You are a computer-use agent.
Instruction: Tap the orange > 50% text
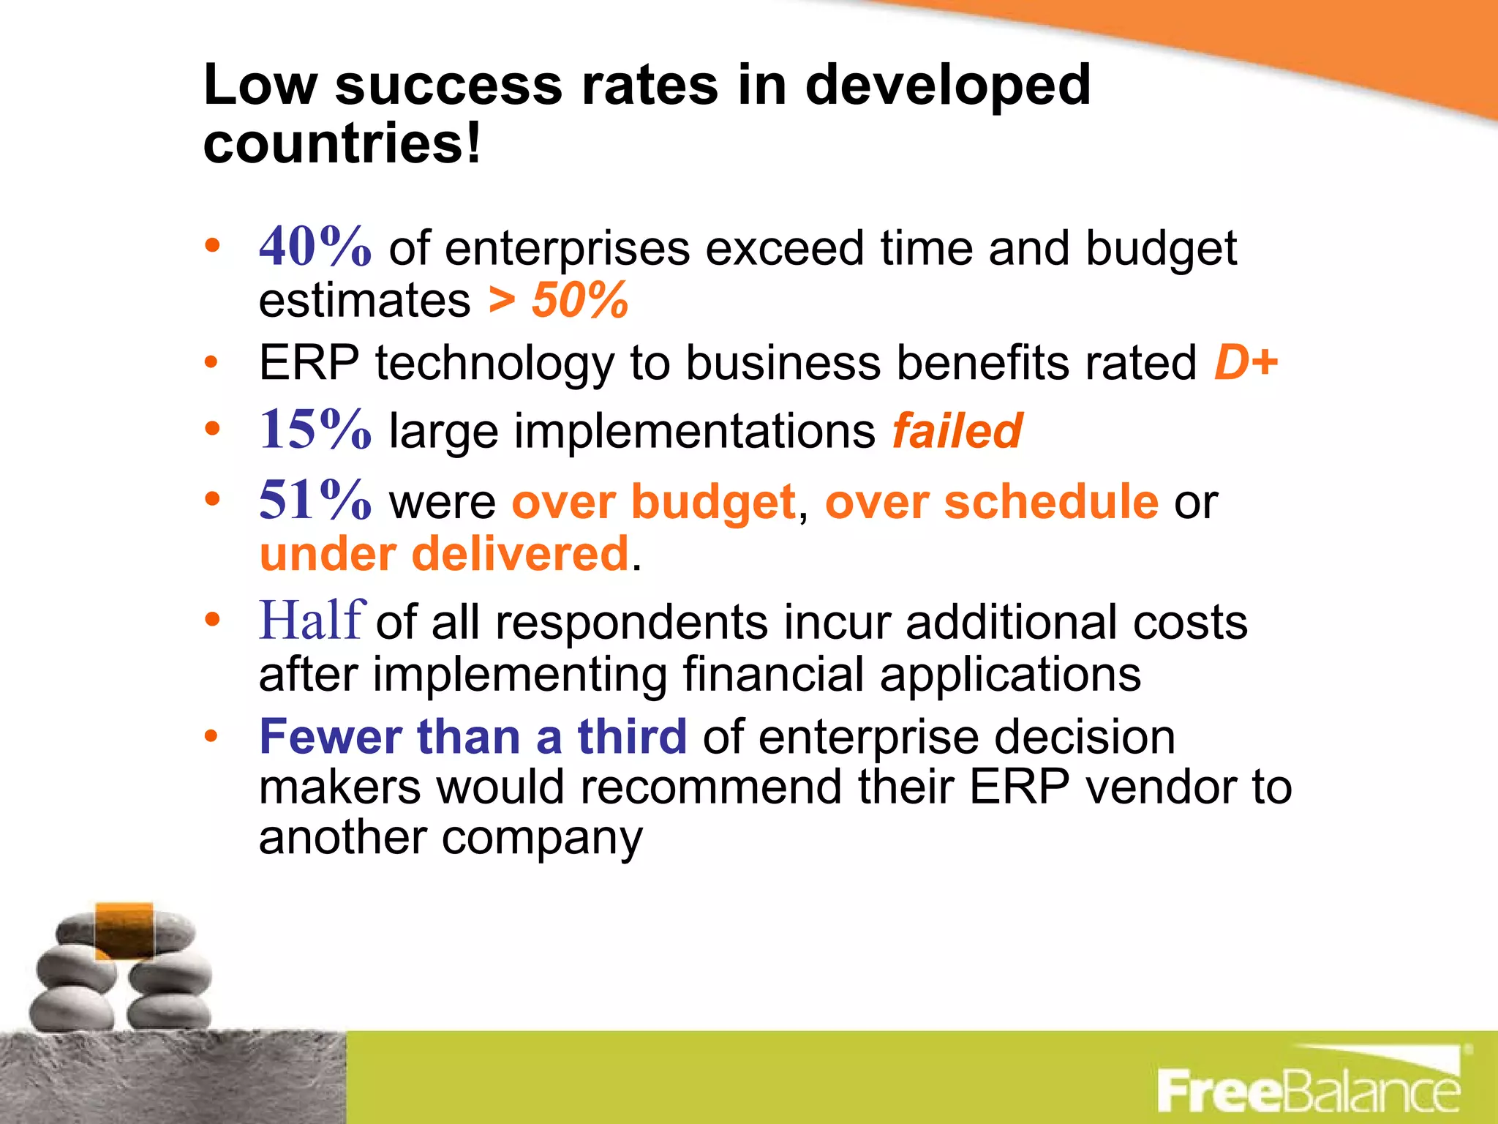[x=558, y=300]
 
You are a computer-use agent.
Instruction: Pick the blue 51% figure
[x=315, y=500]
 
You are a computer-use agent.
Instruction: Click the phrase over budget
[x=653, y=502]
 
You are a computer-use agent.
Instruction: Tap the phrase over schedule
[x=991, y=502]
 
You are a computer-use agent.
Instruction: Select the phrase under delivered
[x=444, y=554]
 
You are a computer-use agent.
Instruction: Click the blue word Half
[x=312, y=621]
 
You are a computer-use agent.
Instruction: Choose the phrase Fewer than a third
[x=473, y=736]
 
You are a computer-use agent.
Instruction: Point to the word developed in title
[x=948, y=85]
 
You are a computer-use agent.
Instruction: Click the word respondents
[x=631, y=623]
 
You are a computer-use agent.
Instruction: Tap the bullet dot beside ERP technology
[x=212, y=362]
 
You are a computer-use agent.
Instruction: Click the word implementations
[x=632, y=431]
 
